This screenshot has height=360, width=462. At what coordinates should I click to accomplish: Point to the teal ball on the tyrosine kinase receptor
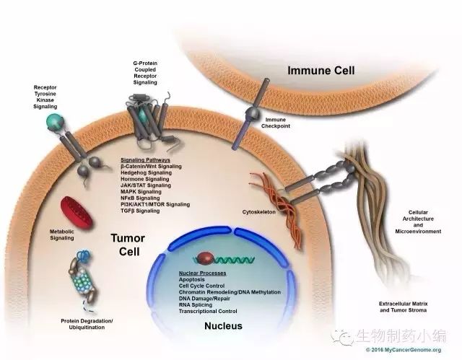(52, 123)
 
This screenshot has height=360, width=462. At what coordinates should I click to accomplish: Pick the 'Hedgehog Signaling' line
(147, 172)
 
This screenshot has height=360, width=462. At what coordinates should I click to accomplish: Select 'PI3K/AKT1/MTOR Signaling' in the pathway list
(155, 204)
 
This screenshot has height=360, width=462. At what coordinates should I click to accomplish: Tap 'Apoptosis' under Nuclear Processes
(195, 280)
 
